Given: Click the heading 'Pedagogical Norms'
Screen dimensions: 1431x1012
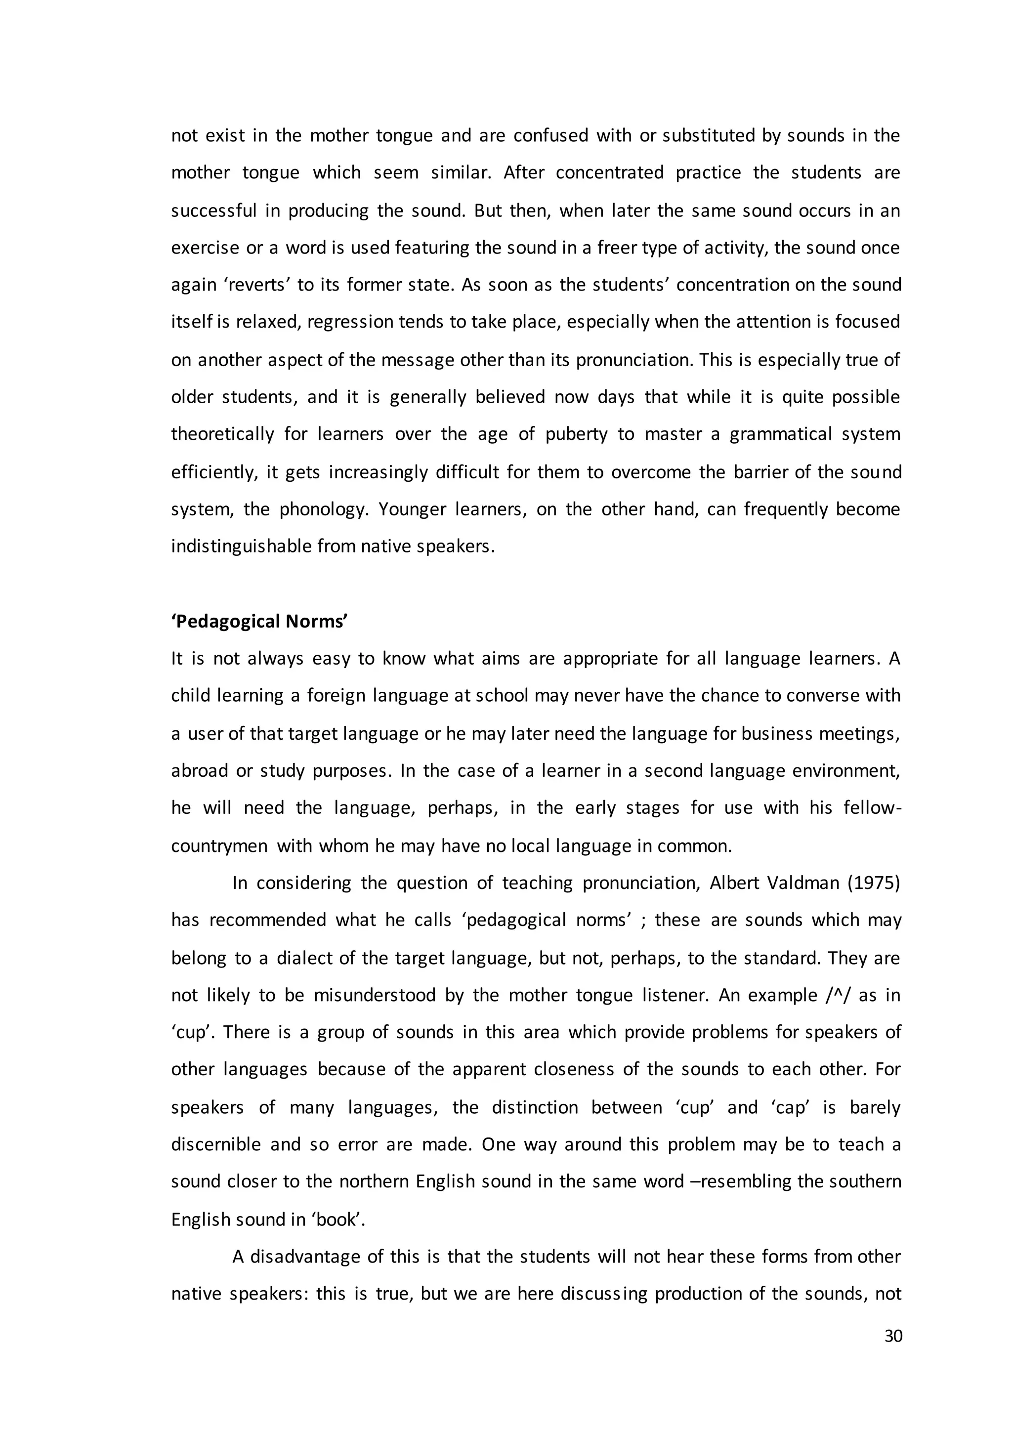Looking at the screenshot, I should pos(259,622).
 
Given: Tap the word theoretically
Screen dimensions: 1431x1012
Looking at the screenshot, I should pos(222,434).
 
